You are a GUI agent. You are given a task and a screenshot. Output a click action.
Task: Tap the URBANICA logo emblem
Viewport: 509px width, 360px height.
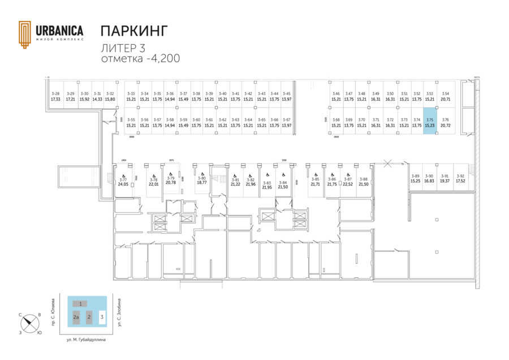25,35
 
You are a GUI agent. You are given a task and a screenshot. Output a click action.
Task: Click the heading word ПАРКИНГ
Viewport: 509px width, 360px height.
133,30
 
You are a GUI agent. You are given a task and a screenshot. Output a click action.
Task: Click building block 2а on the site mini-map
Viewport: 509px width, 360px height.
76,318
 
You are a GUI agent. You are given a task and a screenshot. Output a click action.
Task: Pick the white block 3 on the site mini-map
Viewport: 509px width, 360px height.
102,317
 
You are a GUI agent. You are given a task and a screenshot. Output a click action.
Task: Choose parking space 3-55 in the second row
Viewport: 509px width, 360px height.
131,122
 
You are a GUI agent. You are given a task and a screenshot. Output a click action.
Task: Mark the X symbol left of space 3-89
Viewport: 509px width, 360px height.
387,162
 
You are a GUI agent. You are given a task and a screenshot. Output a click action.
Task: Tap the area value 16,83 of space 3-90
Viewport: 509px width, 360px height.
429,181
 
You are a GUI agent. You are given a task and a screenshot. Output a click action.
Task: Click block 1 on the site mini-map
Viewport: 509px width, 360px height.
81,304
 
